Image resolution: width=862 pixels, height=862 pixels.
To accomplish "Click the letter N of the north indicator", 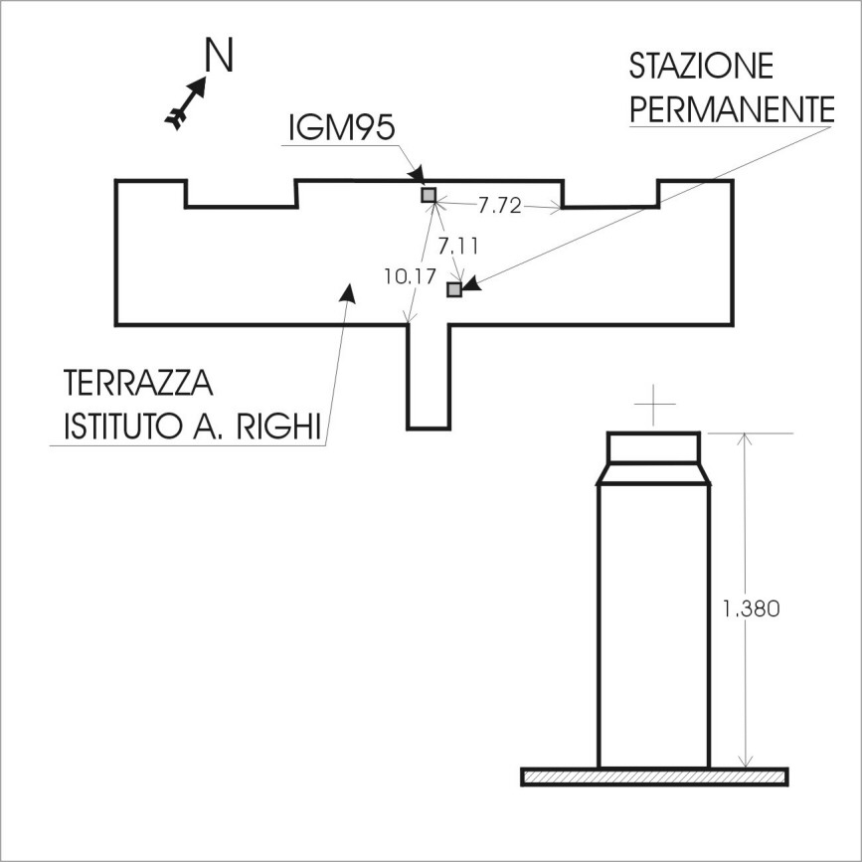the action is (x=219, y=55).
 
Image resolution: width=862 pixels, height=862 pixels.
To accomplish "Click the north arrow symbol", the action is (x=186, y=102).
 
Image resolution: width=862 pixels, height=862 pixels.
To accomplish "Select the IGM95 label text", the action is (x=342, y=128).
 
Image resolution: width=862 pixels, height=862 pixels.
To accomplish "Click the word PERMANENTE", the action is (x=732, y=109).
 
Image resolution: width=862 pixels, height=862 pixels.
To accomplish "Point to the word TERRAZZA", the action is (x=138, y=383).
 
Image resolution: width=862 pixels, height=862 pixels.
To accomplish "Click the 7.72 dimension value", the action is (x=499, y=206).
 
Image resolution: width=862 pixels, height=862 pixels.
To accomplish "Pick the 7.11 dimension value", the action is (x=458, y=247).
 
